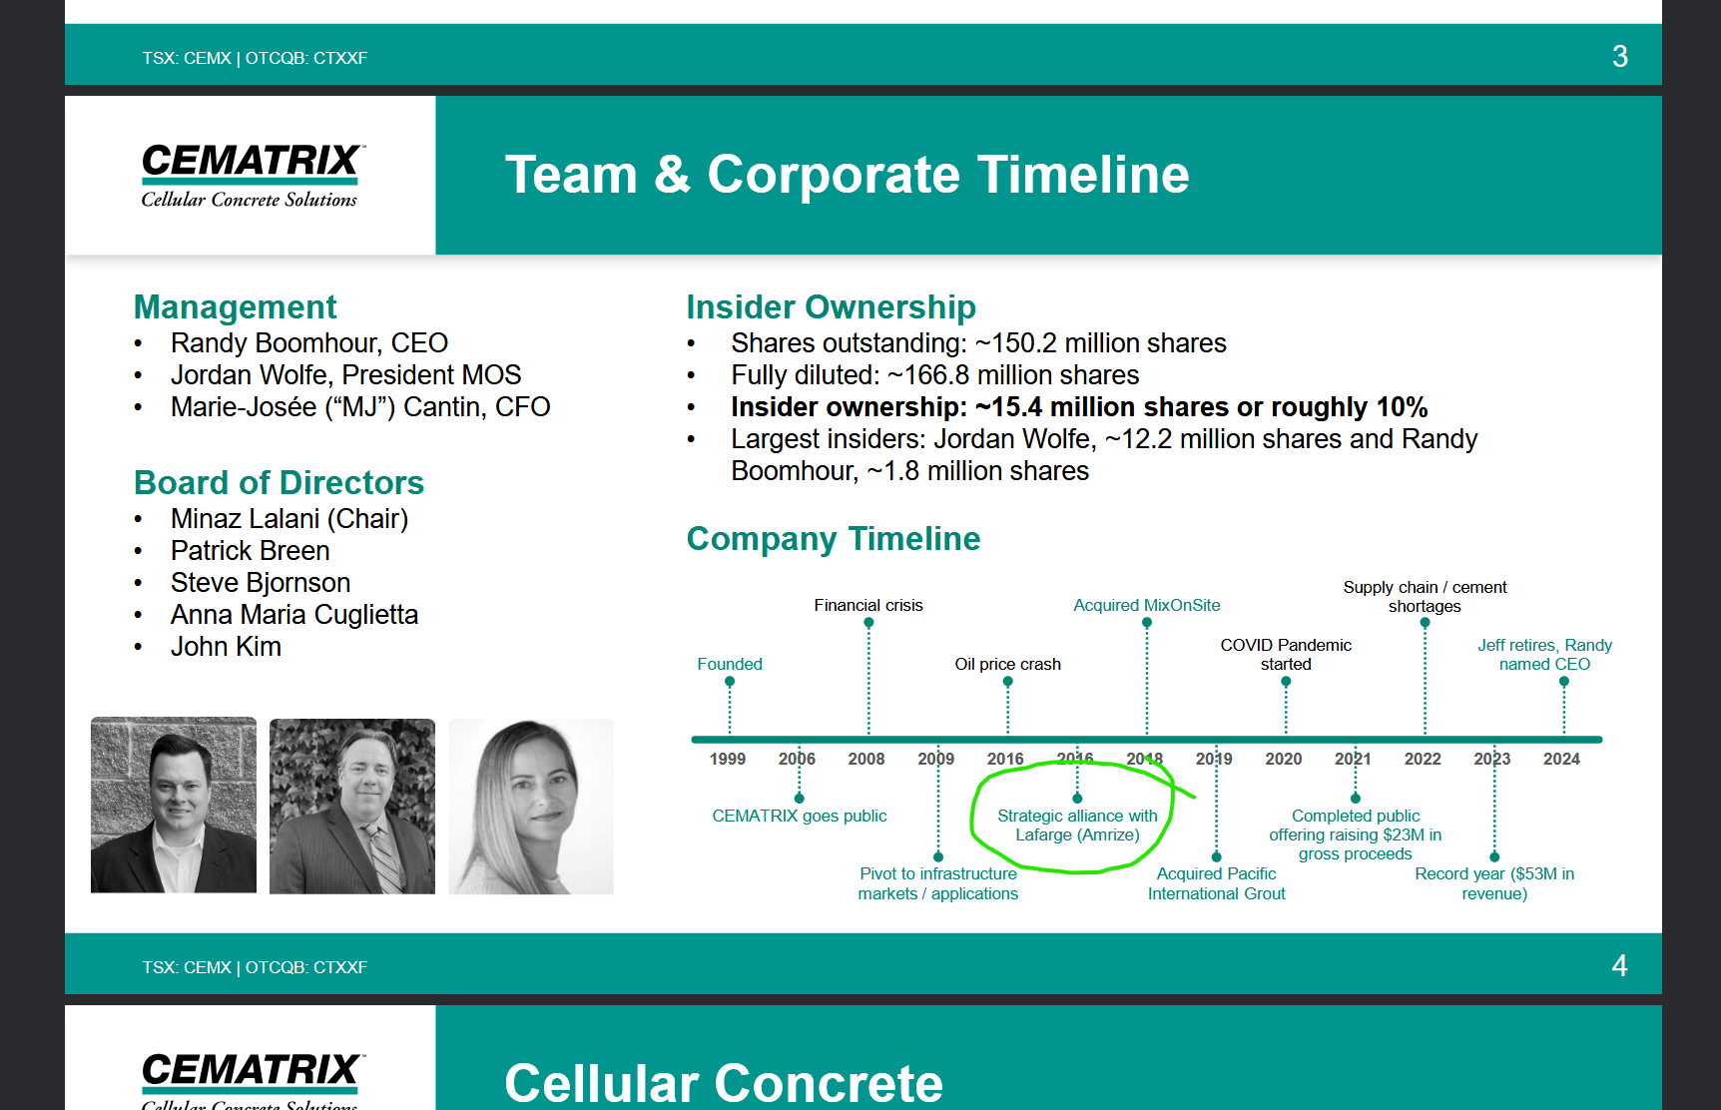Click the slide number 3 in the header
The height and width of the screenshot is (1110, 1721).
pos(1619,56)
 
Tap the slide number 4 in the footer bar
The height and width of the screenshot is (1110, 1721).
pos(1619,965)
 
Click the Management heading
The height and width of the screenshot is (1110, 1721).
pos(235,306)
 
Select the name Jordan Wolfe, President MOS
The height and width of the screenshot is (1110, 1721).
pos(345,375)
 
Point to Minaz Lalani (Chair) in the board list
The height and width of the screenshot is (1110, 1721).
pos(289,519)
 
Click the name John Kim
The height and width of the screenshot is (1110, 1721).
pos(226,647)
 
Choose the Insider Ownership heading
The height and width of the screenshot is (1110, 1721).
pos(831,306)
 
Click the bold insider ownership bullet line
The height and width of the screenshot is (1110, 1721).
pos(1079,407)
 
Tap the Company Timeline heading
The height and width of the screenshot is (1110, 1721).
pos(834,538)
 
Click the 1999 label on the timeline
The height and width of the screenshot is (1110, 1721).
pos(728,759)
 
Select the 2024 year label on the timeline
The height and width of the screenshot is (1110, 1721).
pos(1561,759)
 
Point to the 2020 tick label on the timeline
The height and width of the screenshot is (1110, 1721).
pos(1284,759)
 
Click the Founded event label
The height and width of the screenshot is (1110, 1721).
pos(730,664)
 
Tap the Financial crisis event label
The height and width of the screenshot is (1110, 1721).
pos(868,605)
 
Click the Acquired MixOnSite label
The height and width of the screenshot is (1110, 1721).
pos(1147,605)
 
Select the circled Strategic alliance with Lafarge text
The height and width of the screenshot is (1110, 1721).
pos(1077,826)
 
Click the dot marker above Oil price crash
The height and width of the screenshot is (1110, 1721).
pos(1008,682)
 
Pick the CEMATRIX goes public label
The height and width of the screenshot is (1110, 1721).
pos(800,816)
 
